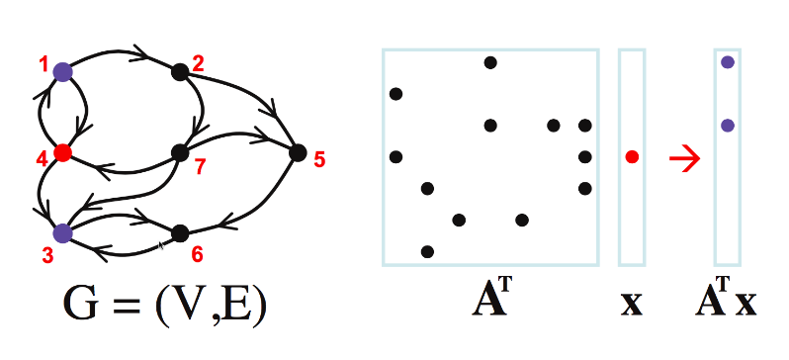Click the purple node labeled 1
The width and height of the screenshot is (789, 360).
point(62,71)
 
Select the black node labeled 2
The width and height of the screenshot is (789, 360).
point(179,71)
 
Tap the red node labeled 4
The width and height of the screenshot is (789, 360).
point(62,152)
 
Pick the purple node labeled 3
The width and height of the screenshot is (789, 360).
point(62,233)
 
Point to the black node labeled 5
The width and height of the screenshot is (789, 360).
point(297,152)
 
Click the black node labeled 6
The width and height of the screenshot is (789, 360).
point(179,233)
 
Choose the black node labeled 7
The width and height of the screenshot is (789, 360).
point(179,152)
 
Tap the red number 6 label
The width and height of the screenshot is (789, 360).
point(197,255)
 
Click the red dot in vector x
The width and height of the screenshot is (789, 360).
point(633,156)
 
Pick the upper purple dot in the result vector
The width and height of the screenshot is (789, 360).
point(728,61)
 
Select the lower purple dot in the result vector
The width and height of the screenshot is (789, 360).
point(728,126)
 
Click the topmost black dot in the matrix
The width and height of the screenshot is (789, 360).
point(490,63)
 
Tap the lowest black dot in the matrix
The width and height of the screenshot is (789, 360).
point(427,251)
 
